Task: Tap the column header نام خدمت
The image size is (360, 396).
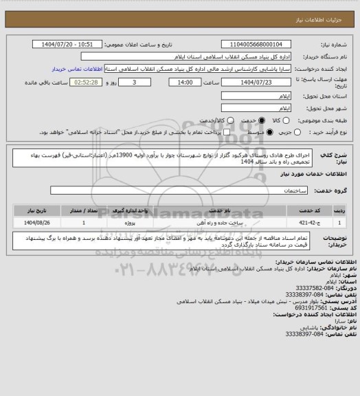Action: (x=220, y=210)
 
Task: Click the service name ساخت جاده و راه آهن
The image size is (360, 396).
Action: (x=220, y=222)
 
